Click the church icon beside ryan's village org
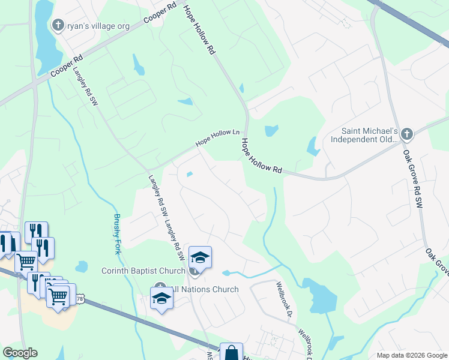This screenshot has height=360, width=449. (58, 25)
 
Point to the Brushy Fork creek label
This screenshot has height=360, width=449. (118, 233)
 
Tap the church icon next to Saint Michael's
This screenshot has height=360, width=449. (407, 134)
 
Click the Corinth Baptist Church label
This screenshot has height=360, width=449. (143, 271)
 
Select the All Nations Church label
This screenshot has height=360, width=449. (205, 289)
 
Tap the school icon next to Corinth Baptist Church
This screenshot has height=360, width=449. (200, 257)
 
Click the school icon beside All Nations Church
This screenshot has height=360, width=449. (161, 298)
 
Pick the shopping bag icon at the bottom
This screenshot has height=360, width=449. (231, 353)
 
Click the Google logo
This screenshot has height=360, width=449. (20, 353)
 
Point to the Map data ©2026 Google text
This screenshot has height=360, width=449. (411, 355)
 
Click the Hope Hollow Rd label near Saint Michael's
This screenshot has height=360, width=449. (262, 156)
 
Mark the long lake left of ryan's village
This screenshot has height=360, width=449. (43, 36)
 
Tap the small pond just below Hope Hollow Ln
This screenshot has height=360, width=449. (190, 175)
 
